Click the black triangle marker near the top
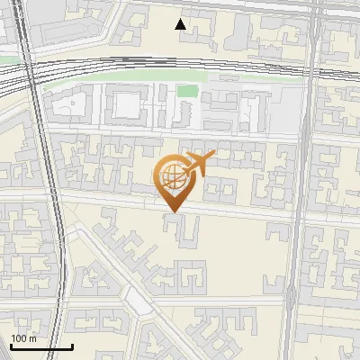point(181,24)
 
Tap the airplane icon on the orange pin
point(198,164)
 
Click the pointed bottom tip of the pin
point(172,211)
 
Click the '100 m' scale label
point(24,338)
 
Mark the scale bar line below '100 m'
point(41,346)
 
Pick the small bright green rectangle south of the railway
point(186,91)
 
